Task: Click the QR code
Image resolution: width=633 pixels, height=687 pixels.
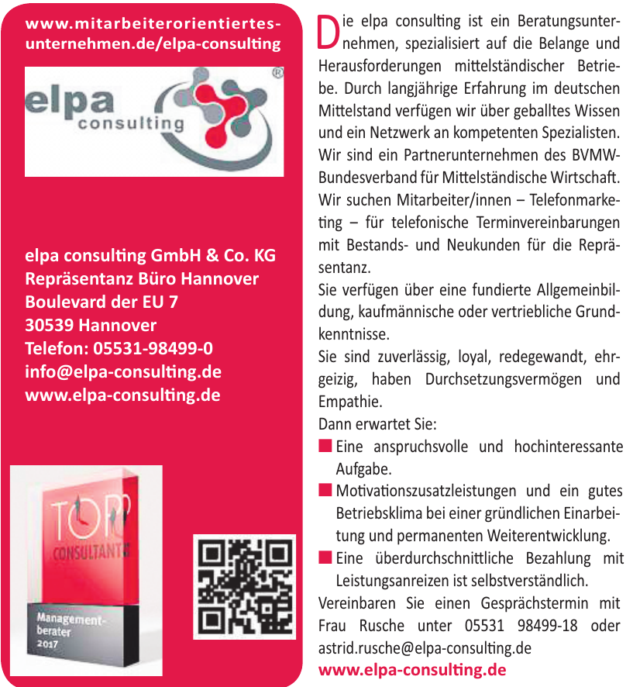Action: click(244, 586)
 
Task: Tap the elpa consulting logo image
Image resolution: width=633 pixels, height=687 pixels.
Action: click(154, 121)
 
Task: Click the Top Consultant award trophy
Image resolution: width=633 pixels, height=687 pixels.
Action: click(86, 570)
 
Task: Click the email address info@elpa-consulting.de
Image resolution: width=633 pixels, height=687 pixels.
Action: click(123, 372)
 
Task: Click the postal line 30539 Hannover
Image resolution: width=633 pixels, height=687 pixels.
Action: click(91, 325)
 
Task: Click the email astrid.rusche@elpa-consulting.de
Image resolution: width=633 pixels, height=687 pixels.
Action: click(425, 647)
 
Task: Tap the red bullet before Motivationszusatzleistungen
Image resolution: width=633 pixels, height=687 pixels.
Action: click(325, 490)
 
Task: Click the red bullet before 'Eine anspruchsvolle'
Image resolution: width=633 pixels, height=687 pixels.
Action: click(325, 446)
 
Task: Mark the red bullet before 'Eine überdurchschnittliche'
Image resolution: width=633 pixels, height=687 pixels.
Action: click(325, 557)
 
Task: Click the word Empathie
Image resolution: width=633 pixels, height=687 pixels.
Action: click(350, 402)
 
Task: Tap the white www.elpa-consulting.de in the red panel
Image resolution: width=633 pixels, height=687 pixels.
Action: click(123, 395)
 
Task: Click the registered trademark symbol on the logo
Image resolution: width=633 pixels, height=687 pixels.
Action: click(277, 74)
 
